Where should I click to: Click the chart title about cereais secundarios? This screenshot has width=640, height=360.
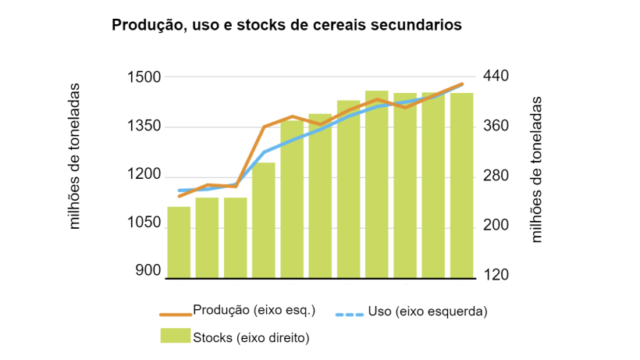coord(286,25)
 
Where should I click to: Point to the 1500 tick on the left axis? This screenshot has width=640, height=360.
coord(144,77)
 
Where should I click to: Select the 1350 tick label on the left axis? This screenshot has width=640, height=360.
coord(144,127)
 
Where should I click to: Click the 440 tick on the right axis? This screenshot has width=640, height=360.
coord(496,77)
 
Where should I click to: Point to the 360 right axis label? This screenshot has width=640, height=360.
coord(496,127)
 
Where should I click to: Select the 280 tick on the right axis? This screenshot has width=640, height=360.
coord(496,176)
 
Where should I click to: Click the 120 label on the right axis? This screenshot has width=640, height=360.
coord(496,275)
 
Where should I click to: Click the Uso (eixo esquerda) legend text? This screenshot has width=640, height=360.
coord(427,312)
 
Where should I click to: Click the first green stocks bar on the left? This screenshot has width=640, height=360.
coord(179,242)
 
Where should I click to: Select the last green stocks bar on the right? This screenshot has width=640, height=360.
coord(461,185)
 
